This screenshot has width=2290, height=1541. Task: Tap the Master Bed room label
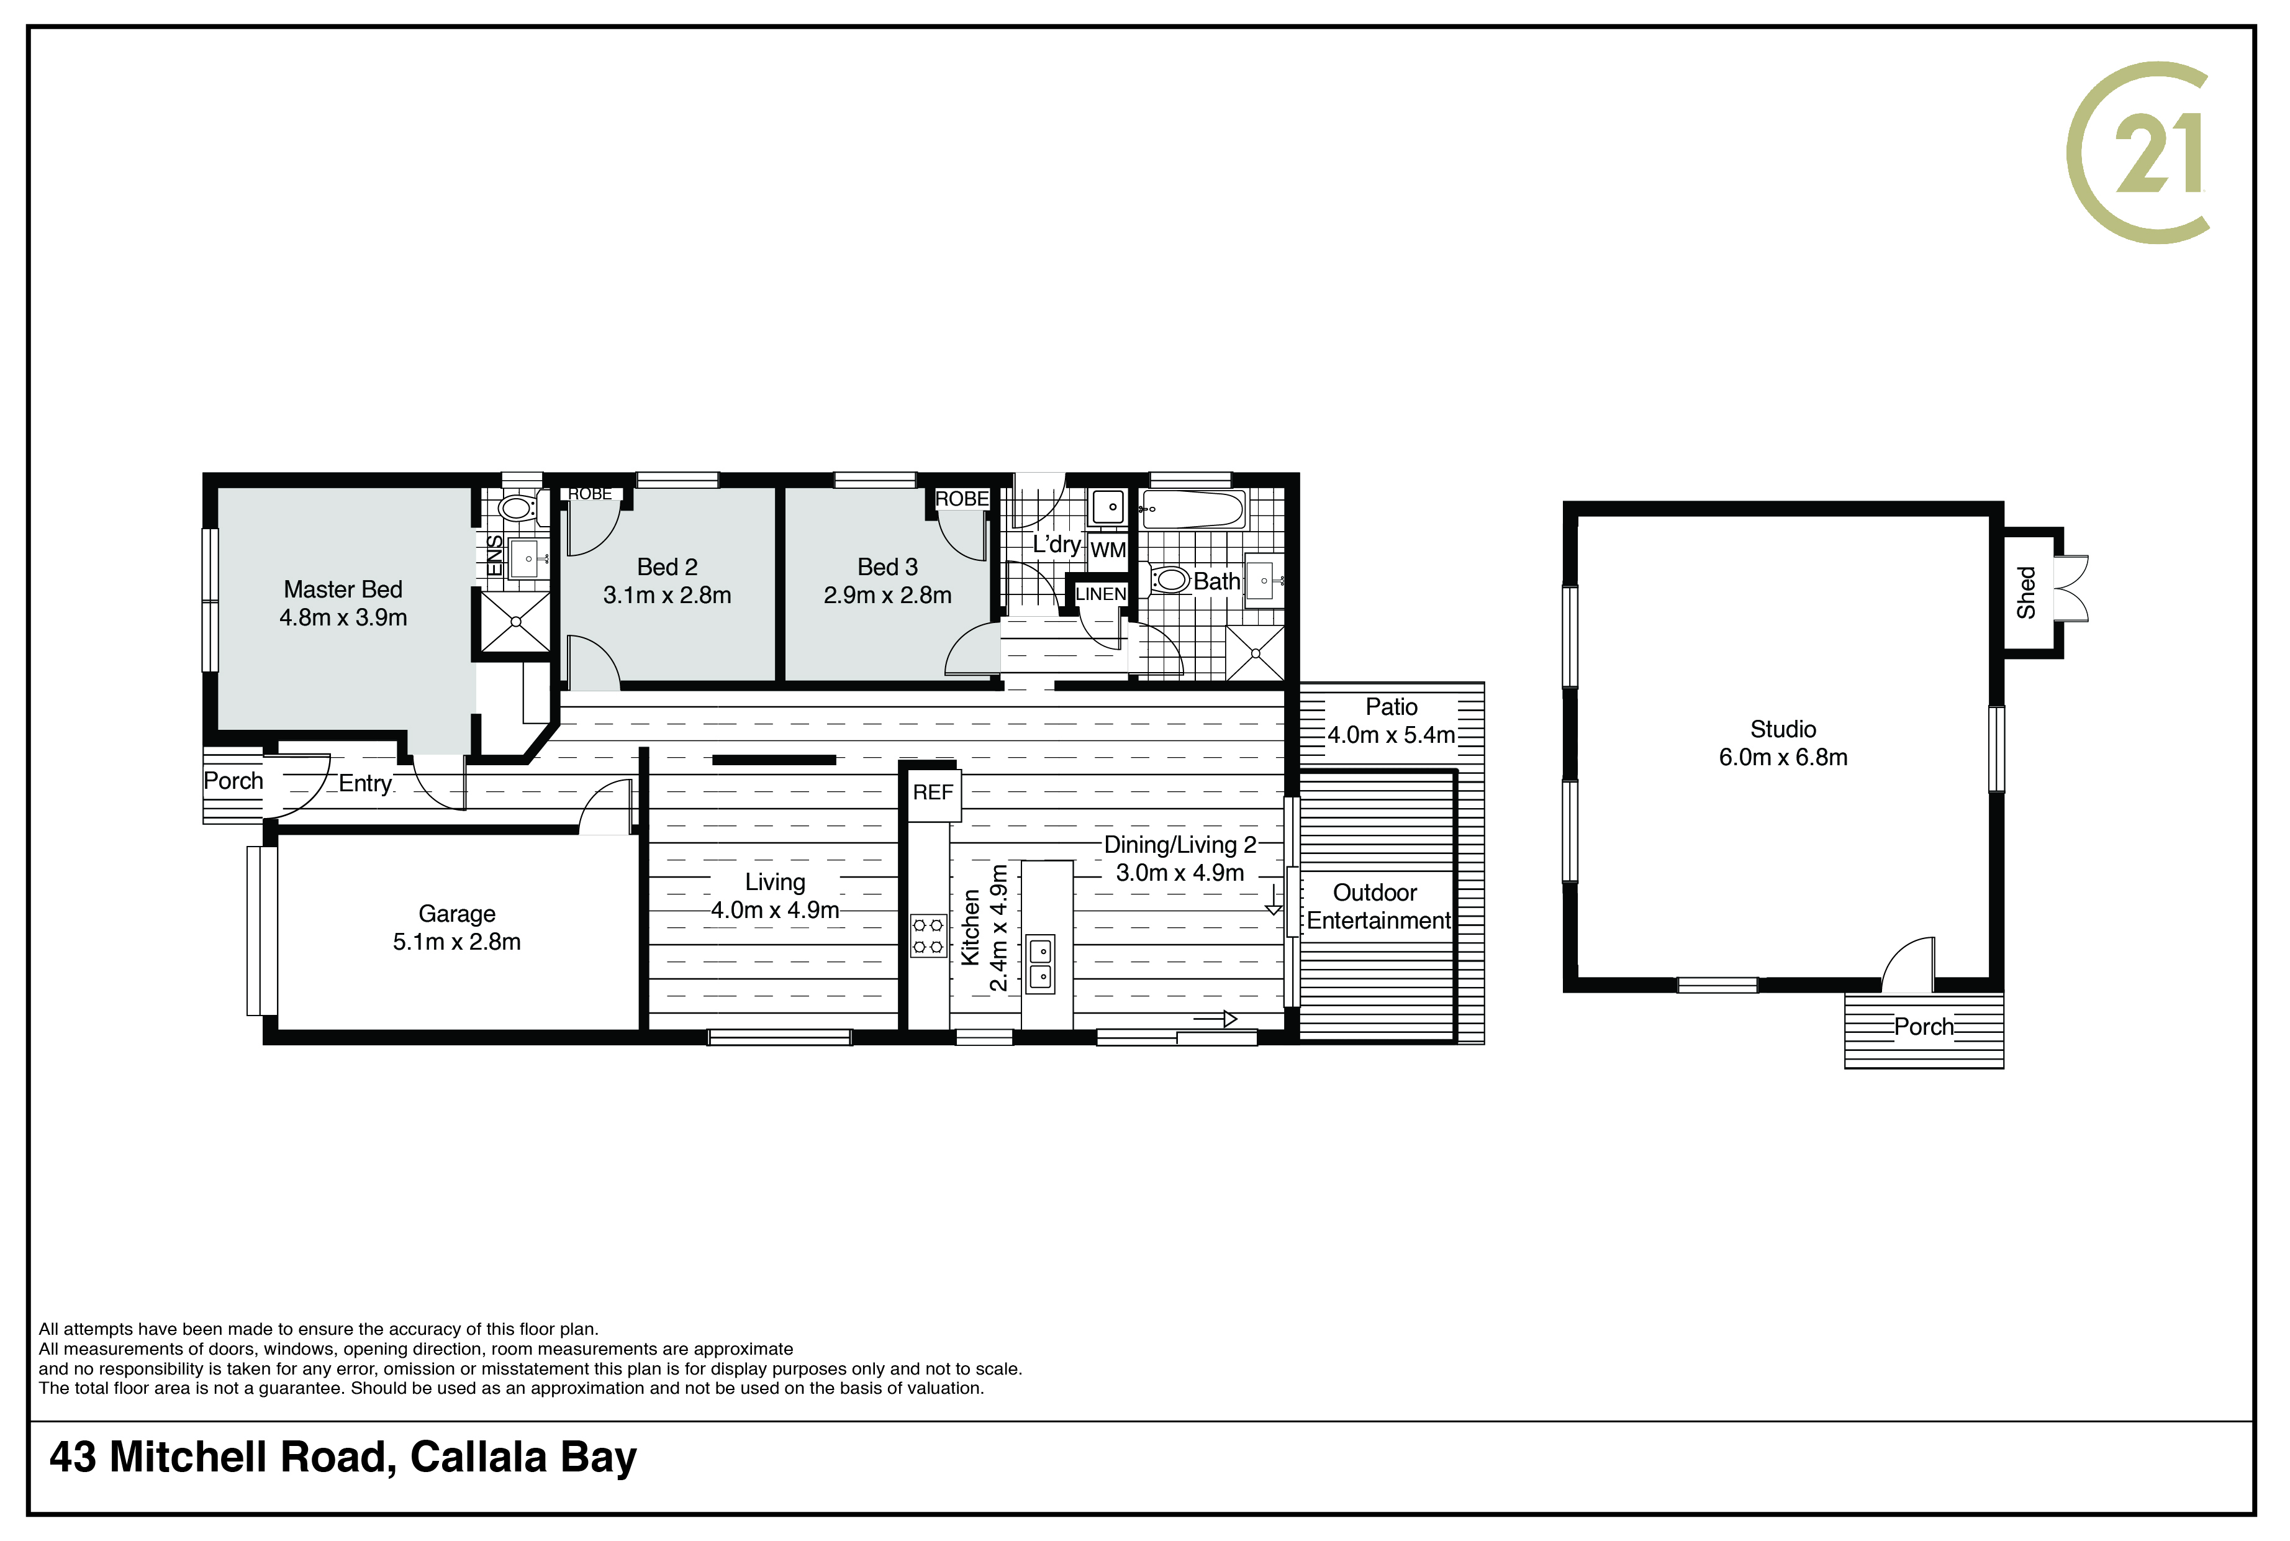(343, 589)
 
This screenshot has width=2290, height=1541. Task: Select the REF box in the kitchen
(933, 792)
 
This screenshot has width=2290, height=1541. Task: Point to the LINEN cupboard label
(1100, 594)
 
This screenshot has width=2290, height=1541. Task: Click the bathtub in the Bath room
(1193, 510)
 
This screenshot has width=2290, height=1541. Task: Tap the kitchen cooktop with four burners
(928, 935)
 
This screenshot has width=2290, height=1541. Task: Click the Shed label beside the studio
(2025, 593)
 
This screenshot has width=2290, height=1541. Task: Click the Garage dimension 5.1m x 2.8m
(457, 942)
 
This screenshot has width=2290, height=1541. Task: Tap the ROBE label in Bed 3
(962, 499)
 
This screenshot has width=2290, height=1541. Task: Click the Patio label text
(1391, 707)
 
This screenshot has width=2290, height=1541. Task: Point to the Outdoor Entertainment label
(1378, 907)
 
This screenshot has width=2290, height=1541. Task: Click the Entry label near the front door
(366, 784)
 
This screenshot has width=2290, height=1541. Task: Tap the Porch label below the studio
(1924, 1027)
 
